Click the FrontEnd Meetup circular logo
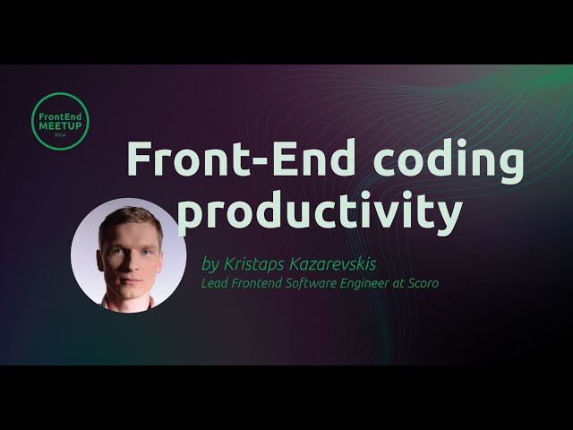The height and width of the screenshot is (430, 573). [x=60, y=121]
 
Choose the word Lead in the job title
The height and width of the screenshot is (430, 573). [x=215, y=284]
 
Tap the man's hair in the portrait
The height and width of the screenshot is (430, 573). [x=130, y=218]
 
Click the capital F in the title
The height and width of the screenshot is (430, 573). [x=140, y=161]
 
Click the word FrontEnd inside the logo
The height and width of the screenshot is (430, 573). [x=60, y=116]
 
